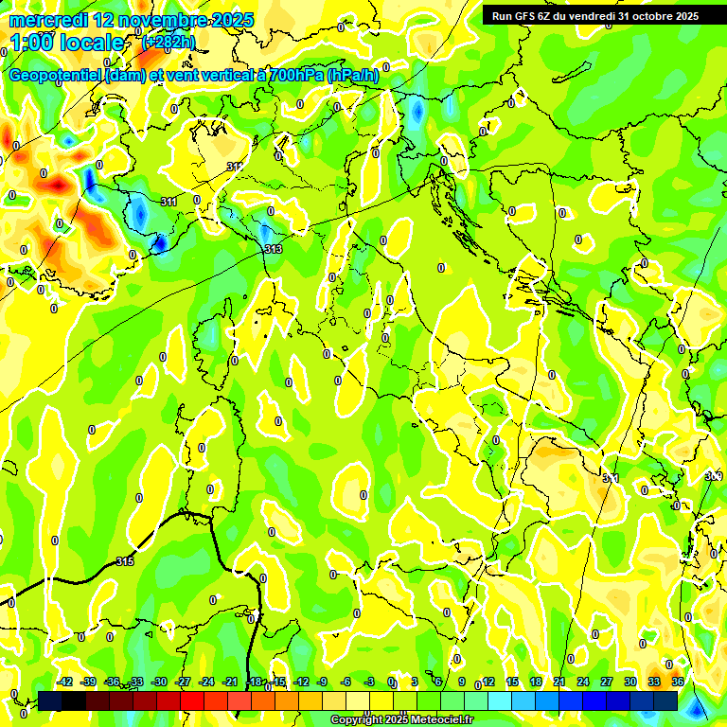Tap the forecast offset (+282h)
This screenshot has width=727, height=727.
click(168, 42)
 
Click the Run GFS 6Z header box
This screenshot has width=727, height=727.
click(595, 15)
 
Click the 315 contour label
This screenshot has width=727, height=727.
click(124, 561)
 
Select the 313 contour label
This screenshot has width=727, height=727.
click(273, 249)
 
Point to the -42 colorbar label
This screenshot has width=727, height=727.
click(64, 682)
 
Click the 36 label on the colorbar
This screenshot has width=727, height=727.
click(677, 682)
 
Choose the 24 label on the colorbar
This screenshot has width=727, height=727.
click(582, 682)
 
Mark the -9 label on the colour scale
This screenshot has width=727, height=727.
click(322, 682)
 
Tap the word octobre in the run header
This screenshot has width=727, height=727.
click(649, 15)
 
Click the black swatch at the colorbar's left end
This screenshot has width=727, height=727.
click(50, 700)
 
